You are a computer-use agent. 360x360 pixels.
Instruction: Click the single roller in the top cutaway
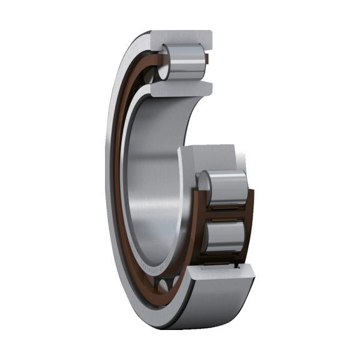(183, 62)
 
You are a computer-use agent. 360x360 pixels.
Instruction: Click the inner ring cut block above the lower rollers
(210, 157)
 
